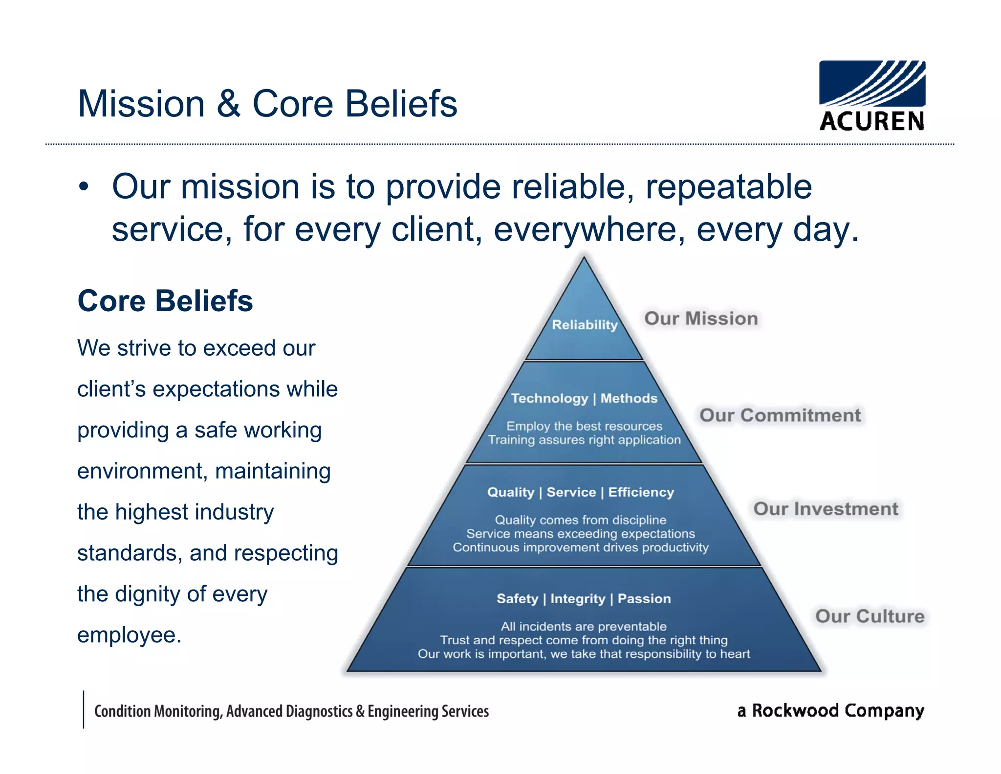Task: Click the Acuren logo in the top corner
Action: pos(872,95)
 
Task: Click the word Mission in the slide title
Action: pos(141,104)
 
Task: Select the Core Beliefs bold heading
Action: pos(165,300)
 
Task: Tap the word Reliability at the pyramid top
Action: pos(585,324)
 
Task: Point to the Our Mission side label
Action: pos(701,319)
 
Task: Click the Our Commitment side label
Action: pos(780,415)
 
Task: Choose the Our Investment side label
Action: pos(826,509)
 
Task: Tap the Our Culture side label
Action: pos(870,616)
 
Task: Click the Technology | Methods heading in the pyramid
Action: pos(584,398)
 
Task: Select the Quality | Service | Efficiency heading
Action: pos(581,492)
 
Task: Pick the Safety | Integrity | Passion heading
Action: pos(584,598)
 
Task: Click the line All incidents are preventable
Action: pos(584,626)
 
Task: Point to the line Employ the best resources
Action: pos(584,426)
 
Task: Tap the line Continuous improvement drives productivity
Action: pos(581,547)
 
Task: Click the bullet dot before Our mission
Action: pos(84,187)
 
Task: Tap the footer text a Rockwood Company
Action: pos(830,710)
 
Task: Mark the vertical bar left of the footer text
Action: pos(84,709)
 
